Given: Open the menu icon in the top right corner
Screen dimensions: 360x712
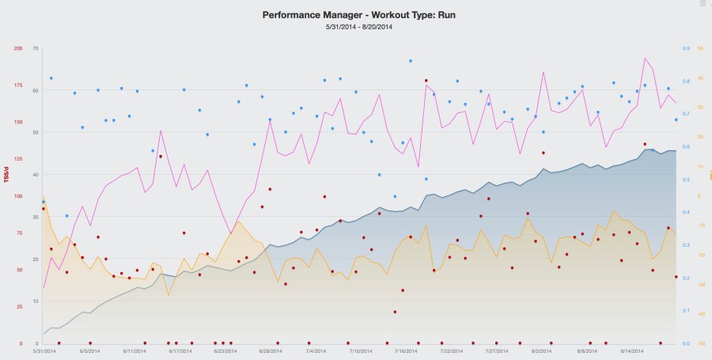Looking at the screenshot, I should tap(703, 4).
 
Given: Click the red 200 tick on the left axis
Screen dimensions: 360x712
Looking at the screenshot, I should tap(17, 48).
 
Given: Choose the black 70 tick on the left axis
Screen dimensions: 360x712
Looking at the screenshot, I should tap(36, 48).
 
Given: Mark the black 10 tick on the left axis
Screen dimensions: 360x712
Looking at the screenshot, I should tap(36, 301).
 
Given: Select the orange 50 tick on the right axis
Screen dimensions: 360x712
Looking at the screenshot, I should tap(700, 48).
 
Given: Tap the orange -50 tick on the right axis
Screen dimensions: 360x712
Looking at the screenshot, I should tap(700, 343).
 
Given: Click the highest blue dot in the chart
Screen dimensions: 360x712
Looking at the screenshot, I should tap(411, 60).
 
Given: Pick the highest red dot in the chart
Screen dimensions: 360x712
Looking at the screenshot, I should tap(426, 81).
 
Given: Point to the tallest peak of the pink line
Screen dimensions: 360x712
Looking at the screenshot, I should tap(646, 58).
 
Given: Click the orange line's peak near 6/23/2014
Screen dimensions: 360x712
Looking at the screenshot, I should tap(238, 222).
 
